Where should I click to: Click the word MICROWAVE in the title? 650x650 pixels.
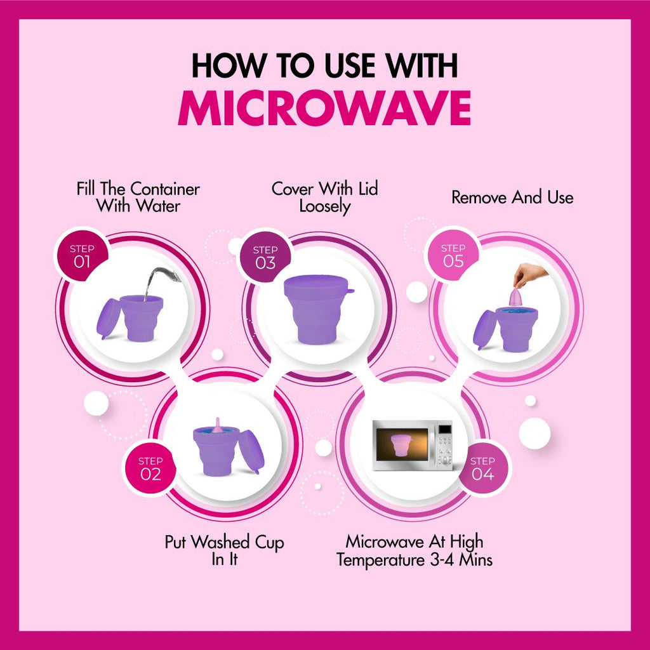coord(324,109)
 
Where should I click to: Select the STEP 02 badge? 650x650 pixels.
coord(150,468)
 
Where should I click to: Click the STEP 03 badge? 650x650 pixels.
coord(265,256)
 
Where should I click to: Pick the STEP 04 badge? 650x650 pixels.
coord(482,468)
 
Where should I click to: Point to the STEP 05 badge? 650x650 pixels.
coord(453,255)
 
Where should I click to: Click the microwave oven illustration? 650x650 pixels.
coord(413,444)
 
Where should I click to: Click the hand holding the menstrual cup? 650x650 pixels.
coord(528,275)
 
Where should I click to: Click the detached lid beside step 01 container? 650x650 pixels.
coord(108,318)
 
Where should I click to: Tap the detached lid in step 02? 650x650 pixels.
coord(252,451)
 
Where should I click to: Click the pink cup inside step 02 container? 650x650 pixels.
coord(217,428)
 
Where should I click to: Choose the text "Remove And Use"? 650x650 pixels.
coord(512,197)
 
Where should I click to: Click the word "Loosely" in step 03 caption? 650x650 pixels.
coord(325,206)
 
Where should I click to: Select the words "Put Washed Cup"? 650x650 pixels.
coord(224,543)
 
